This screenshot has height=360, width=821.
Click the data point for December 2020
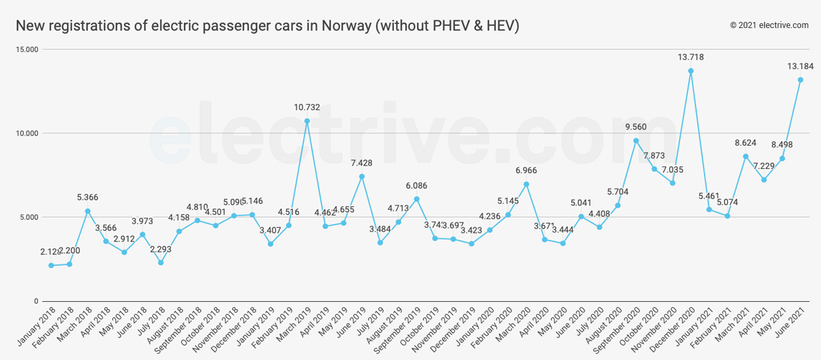691,71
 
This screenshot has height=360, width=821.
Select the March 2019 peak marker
307,121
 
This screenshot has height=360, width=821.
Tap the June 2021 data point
800,80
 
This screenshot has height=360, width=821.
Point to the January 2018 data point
51,266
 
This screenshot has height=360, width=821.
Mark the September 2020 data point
636,141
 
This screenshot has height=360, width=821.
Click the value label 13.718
691,57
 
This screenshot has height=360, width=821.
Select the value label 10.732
307,107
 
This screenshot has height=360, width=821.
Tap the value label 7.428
362,163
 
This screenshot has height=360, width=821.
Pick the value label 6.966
526,170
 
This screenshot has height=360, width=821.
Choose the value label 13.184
800,66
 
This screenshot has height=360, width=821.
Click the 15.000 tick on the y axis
28,50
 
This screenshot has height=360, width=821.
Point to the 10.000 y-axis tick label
28,133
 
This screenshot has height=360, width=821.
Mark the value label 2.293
161,249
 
